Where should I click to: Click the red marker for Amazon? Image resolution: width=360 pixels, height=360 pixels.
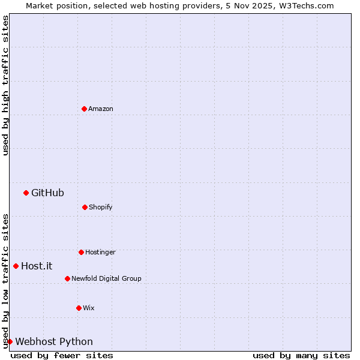tap(84, 109)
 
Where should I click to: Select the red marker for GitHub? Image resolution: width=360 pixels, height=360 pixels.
tap(26, 193)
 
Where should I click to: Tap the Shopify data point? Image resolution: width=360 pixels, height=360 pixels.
tap(85, 207)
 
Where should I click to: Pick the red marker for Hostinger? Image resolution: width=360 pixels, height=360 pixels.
tap(81, 252)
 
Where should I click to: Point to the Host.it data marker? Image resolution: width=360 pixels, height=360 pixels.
tap(16, 266)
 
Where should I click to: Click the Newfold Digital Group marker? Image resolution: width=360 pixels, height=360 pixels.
tap(67, 278)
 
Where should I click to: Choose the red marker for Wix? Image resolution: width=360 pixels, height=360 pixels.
tap(79, 308)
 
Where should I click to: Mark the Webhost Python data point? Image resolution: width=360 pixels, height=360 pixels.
tap(10, 341)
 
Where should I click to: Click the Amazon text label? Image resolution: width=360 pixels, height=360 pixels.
tap(101, 109)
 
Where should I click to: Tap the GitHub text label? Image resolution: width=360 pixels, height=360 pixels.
tap(47, 193)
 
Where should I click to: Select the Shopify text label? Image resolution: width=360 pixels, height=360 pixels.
tap(101, 207)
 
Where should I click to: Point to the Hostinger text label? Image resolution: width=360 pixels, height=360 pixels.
tap(100, 252)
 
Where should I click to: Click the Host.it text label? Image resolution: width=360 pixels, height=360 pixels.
tap(37, 266)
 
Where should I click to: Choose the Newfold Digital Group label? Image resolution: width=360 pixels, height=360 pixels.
tap(106, 278)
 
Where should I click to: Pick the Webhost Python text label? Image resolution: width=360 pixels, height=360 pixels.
tap(54, 341)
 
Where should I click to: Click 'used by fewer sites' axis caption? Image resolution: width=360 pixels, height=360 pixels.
tap(62, 355)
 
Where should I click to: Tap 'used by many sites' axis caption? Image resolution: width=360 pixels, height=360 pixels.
tap(301, 355)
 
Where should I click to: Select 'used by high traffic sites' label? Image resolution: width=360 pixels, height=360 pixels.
tap(5, 85)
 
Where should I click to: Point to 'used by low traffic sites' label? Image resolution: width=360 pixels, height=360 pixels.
tap(5, 281)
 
